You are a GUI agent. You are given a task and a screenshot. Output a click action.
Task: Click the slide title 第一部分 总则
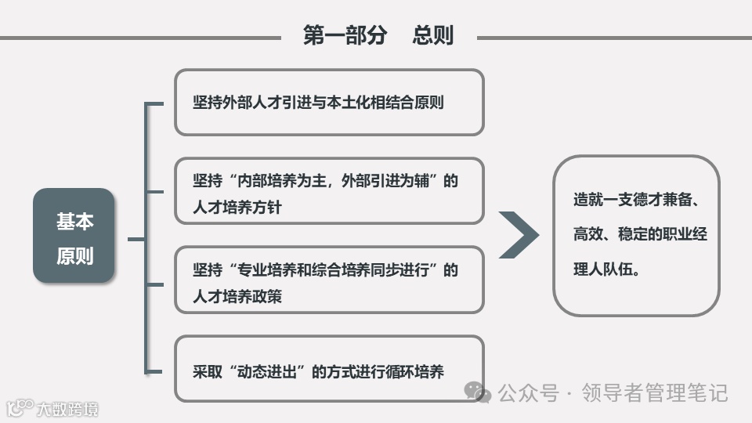(378, 35)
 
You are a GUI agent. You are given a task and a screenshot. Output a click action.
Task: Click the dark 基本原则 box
(74, 236)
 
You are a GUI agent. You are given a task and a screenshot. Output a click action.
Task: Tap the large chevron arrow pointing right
(519, 234)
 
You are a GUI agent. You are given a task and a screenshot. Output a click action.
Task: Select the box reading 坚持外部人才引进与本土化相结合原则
(328, 102)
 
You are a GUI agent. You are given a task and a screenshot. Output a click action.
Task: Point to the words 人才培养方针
(237, 208)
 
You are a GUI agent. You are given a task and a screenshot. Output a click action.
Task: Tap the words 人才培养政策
(237, 297)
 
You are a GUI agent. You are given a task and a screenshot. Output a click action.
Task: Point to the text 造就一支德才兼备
(634, 200)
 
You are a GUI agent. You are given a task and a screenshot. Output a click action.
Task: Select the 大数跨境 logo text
(67, 408)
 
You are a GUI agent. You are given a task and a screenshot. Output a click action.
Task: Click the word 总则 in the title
(433, 35)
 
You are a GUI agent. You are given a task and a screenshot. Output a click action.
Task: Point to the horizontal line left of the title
(141, 37)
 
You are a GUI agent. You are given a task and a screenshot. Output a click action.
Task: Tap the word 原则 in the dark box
(74, 256)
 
